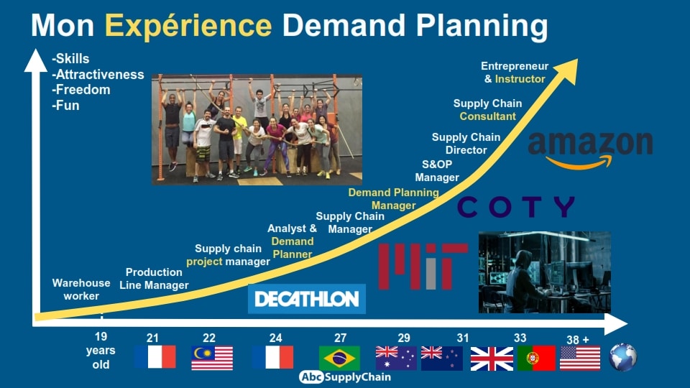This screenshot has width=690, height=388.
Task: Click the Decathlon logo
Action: (x=307, y=299)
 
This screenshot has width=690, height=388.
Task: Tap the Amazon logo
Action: (x=591, y=149)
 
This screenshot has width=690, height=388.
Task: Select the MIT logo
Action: (x=423, y=267)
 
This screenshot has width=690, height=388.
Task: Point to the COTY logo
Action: (x=516, y=207)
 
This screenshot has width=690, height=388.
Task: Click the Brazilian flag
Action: (x=339, y=358)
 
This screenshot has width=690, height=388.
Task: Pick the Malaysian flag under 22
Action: (x=212, y=358)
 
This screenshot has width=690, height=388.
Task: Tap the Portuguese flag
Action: (x=536, y=358)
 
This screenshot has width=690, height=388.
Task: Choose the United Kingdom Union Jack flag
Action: (x=492, y=359)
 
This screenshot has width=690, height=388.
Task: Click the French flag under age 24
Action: (x=273, y=357)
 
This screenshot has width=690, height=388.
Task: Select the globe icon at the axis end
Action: (x=623, y=357)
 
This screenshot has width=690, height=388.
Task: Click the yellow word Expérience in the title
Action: (x=188, y=26)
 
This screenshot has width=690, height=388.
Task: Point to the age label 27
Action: (x=340, y=338)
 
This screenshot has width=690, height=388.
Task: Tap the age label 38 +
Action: (x=577, y=340)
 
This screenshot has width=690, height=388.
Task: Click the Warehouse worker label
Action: (x=81, y=290)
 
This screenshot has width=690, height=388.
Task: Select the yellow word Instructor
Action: (x=520, y=79)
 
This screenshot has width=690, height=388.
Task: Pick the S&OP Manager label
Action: (x=437, y=171)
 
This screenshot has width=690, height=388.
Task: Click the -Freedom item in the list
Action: (x=81, y=90)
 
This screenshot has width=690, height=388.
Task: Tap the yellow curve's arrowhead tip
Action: (x=577, y=60)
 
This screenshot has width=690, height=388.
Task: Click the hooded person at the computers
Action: (x=524, y=282)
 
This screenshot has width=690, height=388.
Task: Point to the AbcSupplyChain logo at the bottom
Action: (x=345, y=377)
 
